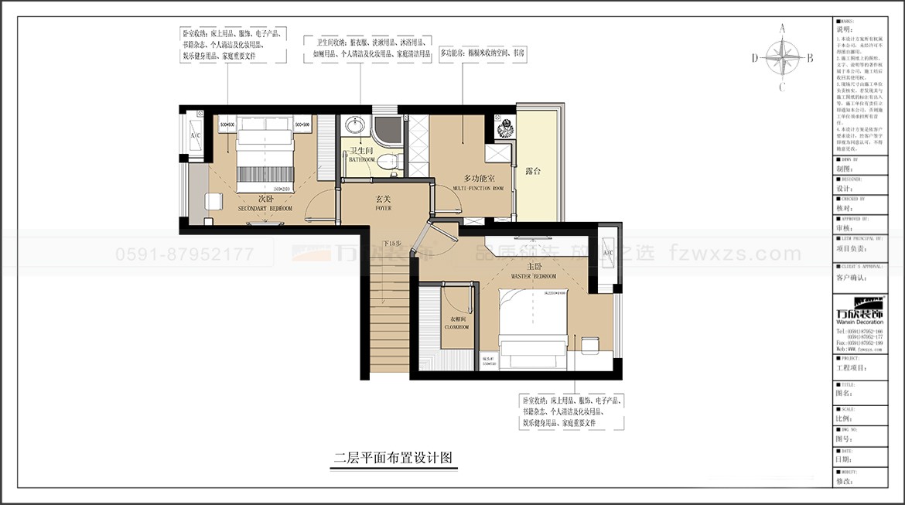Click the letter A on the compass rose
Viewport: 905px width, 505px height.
pyautogui.click(x=782, y=28)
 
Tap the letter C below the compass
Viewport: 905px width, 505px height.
pyautogui.click(x=782, y=86)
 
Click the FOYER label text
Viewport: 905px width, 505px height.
pyautogui.click(x=384, y=203)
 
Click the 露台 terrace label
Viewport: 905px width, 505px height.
pyautogui.click(x=532, y=170)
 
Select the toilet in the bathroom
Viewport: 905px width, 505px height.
pyautogui.click(x=391, y=161)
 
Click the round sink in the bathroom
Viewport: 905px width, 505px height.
pyautogui.click(x=354, y=125)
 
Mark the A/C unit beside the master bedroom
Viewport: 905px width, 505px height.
pyautogui.click(x=608, y=253)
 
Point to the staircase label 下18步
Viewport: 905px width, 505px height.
pyautogui.click(x=392, y=243)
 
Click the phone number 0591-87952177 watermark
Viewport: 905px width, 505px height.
pyautogui.click(x=184, y=254)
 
